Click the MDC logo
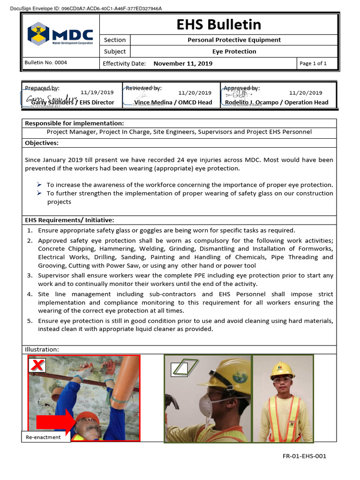(60, 35)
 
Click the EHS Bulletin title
(219, 24)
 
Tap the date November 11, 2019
(183, 63)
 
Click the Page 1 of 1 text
(313, 63)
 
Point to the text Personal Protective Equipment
(234, 40)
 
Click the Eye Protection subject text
(234, 52)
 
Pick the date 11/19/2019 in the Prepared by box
(97, 93)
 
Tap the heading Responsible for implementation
(74, 123)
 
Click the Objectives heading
(42, 142)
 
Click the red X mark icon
(37, 365)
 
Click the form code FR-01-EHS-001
(304, 456)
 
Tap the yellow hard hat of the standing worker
(282, 370)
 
